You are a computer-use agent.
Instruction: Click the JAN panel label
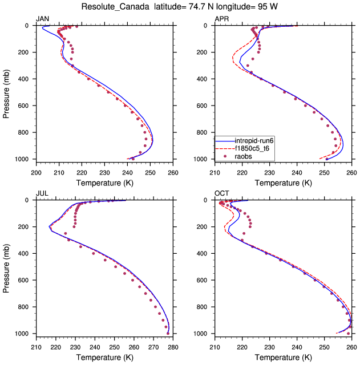(x=42, y=19)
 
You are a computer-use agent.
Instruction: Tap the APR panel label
(x=221, y=19)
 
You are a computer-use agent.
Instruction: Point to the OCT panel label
(x=221, y=194)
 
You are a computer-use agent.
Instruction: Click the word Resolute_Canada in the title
(x=120, y=7)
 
